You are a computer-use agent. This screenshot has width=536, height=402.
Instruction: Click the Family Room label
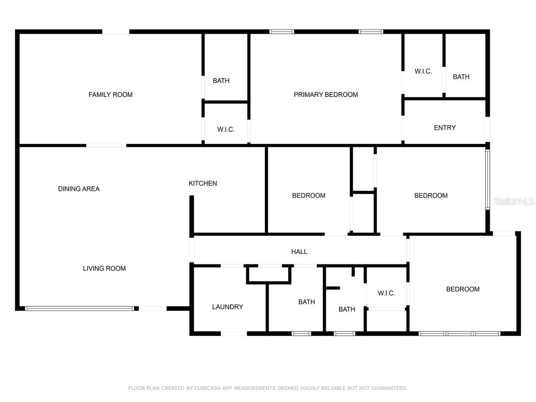(x=110, y=95)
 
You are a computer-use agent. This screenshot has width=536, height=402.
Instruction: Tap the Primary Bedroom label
(x=326, y=95)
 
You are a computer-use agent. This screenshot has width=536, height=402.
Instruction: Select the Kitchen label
(x=203, y=183)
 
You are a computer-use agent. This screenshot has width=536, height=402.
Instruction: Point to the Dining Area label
(x=79, y=189)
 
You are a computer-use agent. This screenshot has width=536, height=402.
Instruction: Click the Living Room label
(x=104, y=268)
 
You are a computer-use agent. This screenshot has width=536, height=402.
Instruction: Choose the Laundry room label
(x=227, y=307)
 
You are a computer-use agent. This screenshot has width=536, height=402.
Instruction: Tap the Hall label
(x=299, y=252)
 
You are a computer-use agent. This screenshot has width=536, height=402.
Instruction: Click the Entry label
(x=445, y=128)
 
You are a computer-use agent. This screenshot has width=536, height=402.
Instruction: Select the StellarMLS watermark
(x=514, y=202)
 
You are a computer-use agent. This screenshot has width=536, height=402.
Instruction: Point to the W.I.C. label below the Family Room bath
(x=226, y=130)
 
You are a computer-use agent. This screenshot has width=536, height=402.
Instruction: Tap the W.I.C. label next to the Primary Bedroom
(x=423, y=71)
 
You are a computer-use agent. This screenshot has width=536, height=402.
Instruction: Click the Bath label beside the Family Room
(x=221, y=81)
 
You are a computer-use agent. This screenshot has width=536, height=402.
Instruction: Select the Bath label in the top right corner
(x=461, y=77)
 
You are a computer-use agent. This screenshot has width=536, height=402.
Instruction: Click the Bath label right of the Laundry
(x=306, y=302)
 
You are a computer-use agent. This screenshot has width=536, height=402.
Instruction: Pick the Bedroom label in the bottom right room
(x=463, y=289)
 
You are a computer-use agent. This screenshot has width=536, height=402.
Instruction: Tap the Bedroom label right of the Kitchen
(x=309, y=196)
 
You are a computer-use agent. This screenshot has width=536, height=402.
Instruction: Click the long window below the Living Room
(x=79, y=308)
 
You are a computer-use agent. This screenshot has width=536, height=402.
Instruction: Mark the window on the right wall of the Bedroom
(x=488, y=179)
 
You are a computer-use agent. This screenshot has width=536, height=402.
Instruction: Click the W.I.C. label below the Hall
(x=386, y=293)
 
